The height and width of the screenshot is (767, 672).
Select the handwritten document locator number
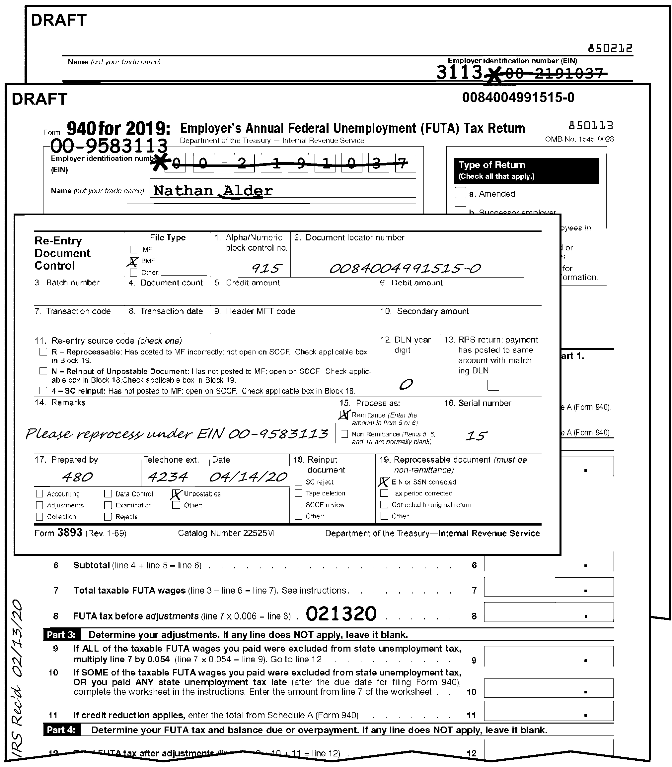tap(405, 268)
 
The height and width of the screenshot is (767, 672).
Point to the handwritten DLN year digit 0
tap(406, 384)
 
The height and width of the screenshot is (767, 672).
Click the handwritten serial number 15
tap(476, 436)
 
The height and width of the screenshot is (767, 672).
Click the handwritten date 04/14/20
tap(249, 477)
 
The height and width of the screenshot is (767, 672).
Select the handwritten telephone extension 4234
tap(167, 477)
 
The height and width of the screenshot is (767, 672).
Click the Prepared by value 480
tap(77, 477)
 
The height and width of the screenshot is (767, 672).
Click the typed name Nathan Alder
tap(213, 191)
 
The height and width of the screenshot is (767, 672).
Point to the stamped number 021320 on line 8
tap(341, 614)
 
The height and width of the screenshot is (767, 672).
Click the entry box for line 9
tap(549, 657)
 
